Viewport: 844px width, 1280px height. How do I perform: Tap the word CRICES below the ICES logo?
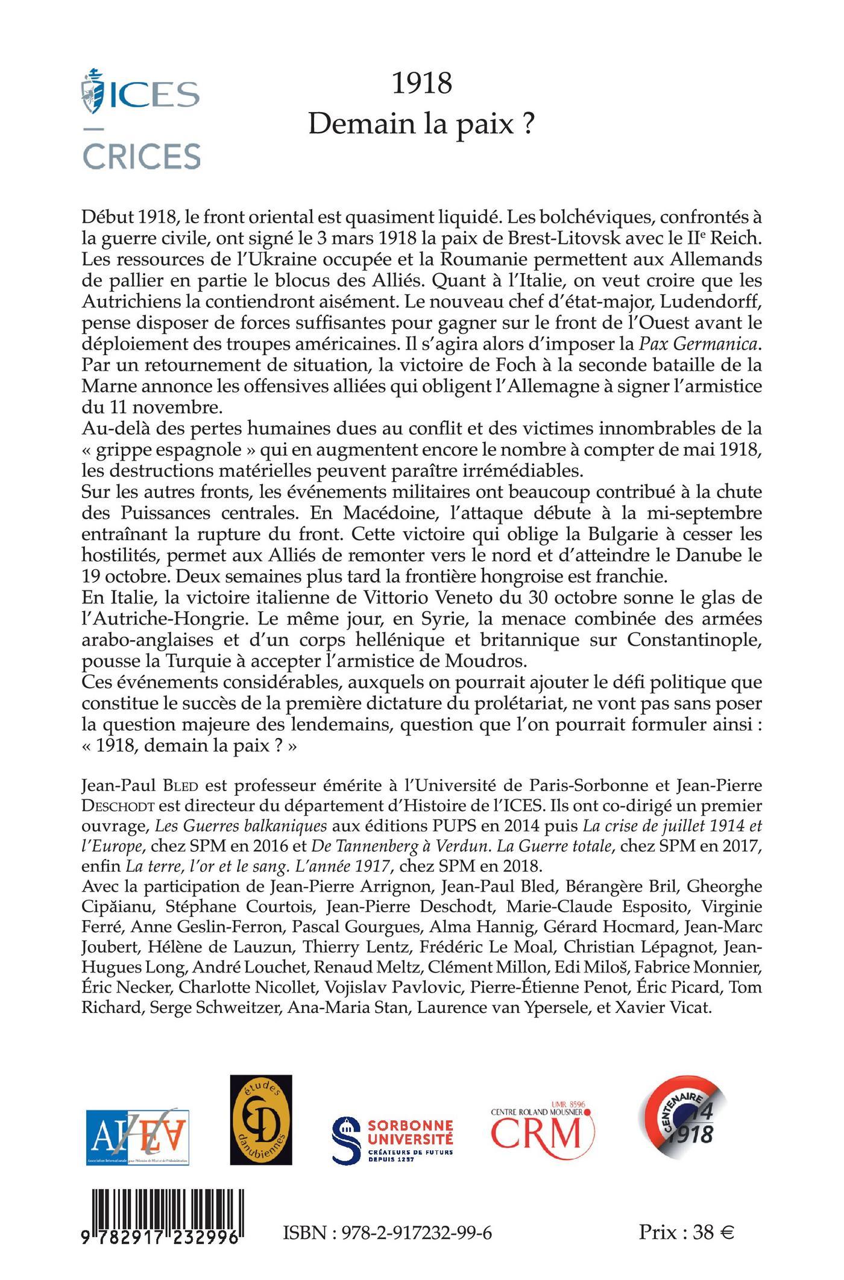point(141,156)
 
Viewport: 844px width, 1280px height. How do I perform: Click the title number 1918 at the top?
point(421,83)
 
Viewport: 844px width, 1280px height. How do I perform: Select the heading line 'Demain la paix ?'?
point(421,125)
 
